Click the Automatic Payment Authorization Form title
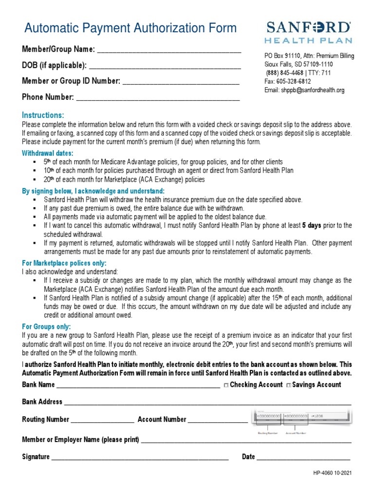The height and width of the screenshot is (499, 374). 131,28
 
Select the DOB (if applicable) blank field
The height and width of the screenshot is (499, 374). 166,66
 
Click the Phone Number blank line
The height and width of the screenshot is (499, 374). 158,97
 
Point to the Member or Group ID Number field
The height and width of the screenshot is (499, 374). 181,81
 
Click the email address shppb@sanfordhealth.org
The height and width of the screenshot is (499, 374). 304,90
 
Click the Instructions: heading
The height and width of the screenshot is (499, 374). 43,115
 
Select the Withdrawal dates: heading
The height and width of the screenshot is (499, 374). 47,153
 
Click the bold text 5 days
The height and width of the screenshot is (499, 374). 312,226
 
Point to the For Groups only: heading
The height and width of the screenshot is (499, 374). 46,326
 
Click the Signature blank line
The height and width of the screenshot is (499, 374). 140,457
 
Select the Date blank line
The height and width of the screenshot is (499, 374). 303,457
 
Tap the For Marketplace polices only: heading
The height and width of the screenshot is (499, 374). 64,263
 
